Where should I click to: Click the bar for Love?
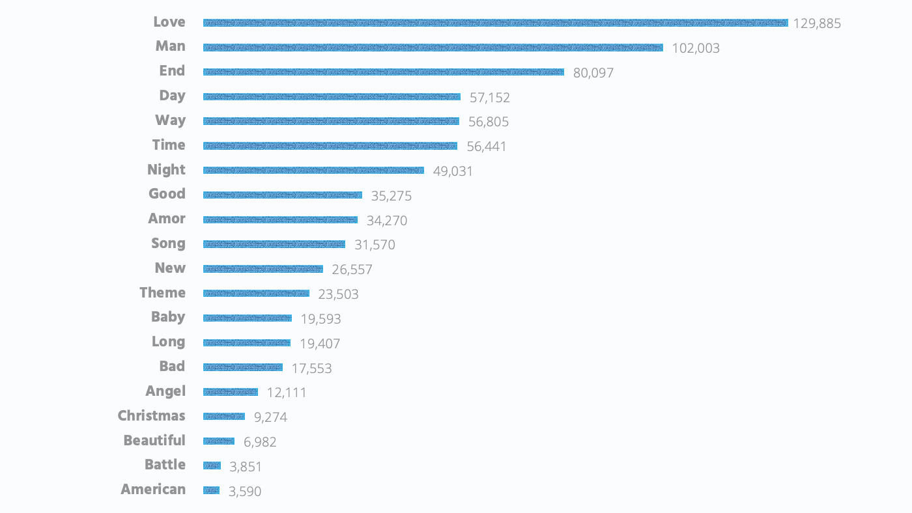click(495, 23)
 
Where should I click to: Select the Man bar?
click(433, 48)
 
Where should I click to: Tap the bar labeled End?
click(383, 72)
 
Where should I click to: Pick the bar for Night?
click(313, 171)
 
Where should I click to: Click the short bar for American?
click(211, 490)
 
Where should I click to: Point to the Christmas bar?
click(223, 417)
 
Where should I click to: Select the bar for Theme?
click(256, 294)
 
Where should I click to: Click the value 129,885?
click(817, 23)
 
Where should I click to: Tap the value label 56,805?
click(488, 122)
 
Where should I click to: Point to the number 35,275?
click(391, 196)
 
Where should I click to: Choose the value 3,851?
click(245, 467)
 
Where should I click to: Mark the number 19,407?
click(319, 344)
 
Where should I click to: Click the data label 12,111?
click(286, 393)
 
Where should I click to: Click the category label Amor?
click(167, 219)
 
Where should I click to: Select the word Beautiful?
click(154, 441)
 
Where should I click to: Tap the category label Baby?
click(168, 317)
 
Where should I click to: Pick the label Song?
click(168, 243)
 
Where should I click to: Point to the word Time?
click(169, 145)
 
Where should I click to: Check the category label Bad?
click(172, 367)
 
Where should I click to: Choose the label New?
click(170, 268)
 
